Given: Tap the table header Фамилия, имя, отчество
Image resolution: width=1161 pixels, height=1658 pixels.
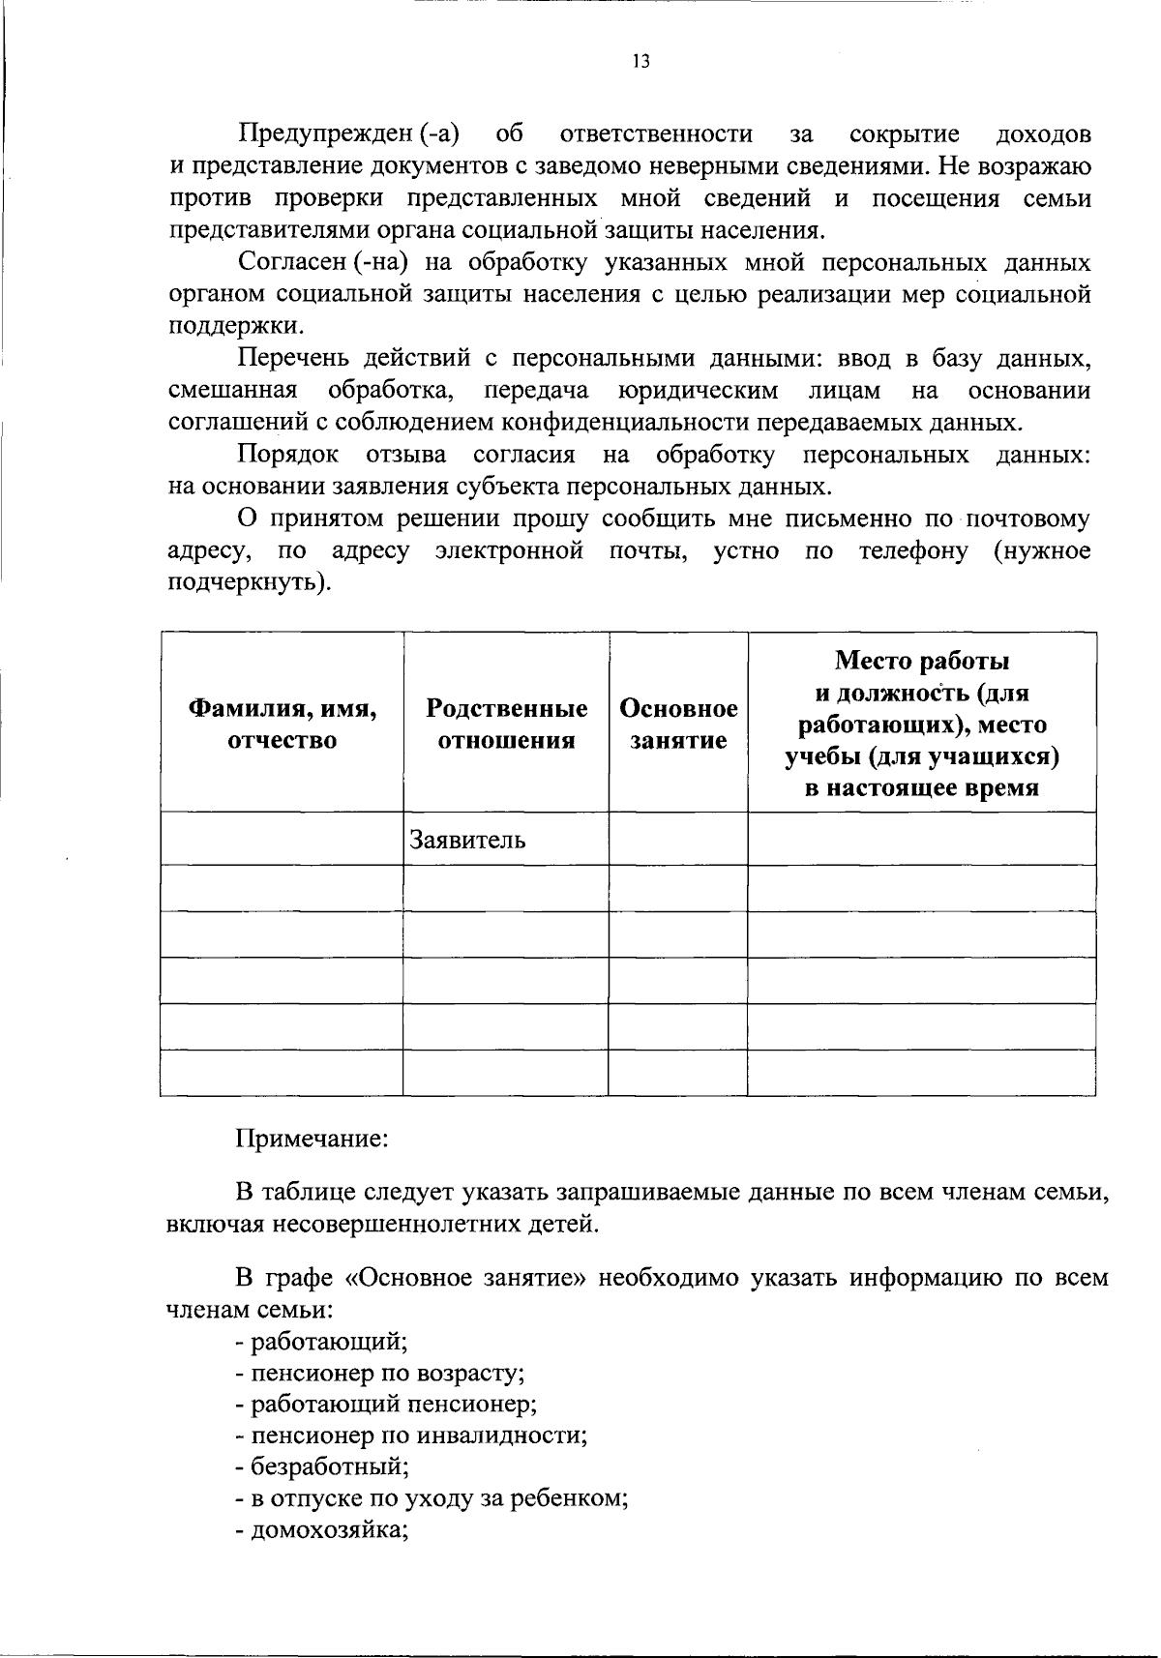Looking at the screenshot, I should click(282, 725).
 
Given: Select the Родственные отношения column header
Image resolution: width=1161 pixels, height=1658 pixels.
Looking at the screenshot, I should click(506, 725).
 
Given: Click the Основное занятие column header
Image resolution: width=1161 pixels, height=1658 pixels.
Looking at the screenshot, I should click(678, 725).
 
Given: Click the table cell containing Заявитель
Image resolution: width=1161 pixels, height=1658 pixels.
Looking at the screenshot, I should click(468, 840).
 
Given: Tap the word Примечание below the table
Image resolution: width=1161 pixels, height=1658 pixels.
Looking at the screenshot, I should click(313, 1139).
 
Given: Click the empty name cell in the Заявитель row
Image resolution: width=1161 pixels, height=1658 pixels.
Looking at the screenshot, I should click(282, 839).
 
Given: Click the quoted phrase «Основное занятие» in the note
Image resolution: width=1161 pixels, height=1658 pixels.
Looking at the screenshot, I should click(465, 1278).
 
